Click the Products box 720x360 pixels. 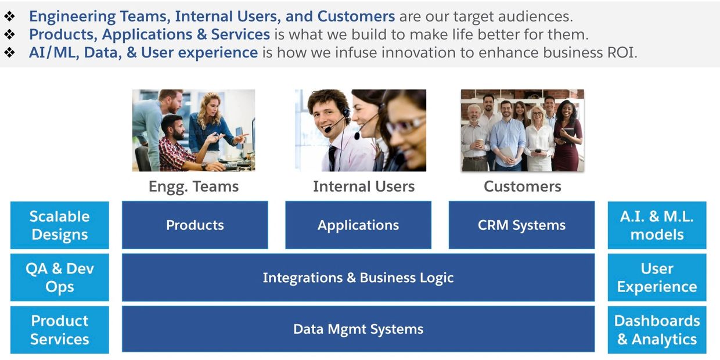coord(195,225)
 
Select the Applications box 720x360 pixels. coord(358,225)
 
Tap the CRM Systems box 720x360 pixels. coord(521,225)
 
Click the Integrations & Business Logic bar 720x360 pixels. coord(358,278)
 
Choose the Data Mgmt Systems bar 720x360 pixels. coord(358,329)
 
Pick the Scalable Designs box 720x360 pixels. coord(59,225)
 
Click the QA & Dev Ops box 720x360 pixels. coord(59,278)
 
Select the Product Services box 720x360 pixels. coord(59,330)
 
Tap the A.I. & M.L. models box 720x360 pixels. coord(657,225)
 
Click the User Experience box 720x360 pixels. coord(657,278)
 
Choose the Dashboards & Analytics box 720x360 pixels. coord(657,330)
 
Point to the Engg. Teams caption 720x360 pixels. coord(193,187)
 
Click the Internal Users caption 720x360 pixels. coord(364,186)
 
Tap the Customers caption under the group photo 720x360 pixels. coord(523,186)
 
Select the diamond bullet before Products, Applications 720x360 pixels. coord(10,34)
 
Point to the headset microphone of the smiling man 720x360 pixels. coord(328,129)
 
